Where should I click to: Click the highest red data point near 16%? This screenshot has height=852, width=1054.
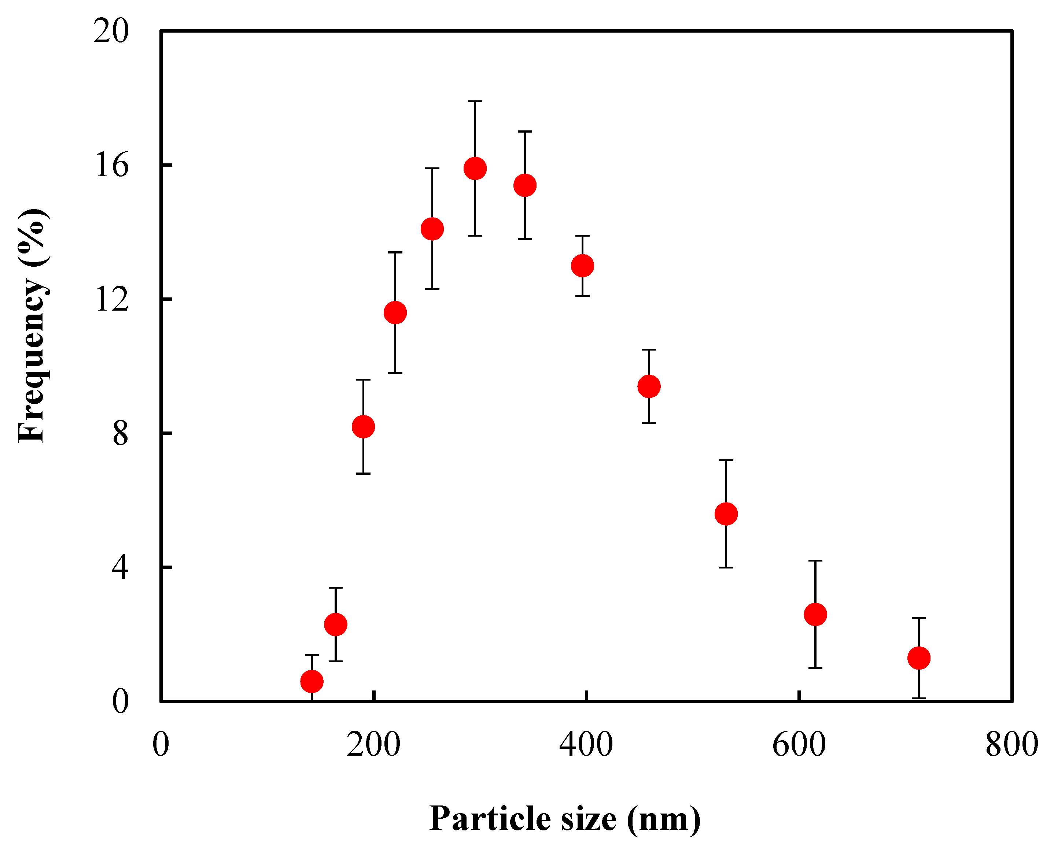click(x=475, y=169)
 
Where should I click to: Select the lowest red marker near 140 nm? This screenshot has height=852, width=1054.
click(x=312, y=681)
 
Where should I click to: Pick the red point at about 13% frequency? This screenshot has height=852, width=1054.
click(x=583, y=266)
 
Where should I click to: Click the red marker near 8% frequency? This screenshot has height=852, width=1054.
click(x=363, y=426)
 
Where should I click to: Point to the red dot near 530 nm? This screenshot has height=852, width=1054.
click(x=726, y=514)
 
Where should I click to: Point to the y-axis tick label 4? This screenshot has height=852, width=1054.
click(x=120, y=567)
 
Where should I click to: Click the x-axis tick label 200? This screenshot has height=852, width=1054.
click(x=373, y=745)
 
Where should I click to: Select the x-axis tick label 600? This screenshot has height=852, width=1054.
click(x=799, y=745)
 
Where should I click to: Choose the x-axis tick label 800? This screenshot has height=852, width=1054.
click(x=1011, y=745)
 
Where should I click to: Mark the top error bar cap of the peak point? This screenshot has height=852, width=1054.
click(x=475, y=101)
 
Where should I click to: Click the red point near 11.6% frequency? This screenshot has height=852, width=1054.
click(x=395, y=312)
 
